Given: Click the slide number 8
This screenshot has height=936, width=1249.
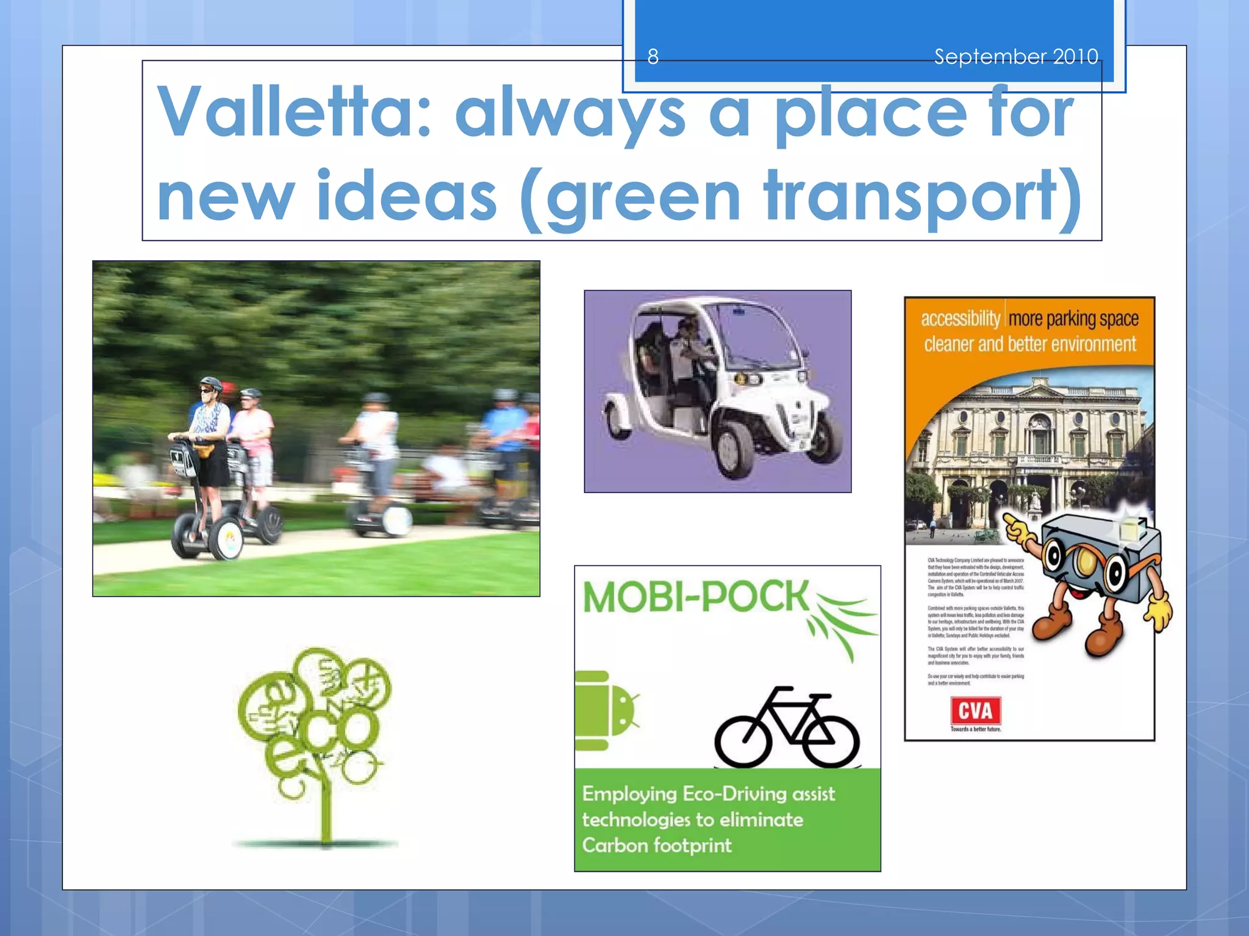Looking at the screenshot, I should coord(653,57).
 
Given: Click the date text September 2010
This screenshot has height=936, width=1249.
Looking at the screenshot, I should coord(1016,57).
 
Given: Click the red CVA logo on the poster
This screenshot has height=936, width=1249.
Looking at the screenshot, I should coord(976,711).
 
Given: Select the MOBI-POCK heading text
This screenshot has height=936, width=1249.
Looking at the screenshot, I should coord(695,597).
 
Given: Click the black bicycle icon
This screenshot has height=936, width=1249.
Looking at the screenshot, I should coord(787,728).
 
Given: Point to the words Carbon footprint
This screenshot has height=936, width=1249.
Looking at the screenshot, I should coord(657,846).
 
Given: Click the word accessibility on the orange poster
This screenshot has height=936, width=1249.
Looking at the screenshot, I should coord(960,319).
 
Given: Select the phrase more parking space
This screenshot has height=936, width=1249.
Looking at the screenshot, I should coord(1073,319).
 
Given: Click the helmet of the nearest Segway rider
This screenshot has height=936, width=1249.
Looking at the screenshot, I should coord(210,383).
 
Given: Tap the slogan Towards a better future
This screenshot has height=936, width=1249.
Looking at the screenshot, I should coord(976,729).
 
